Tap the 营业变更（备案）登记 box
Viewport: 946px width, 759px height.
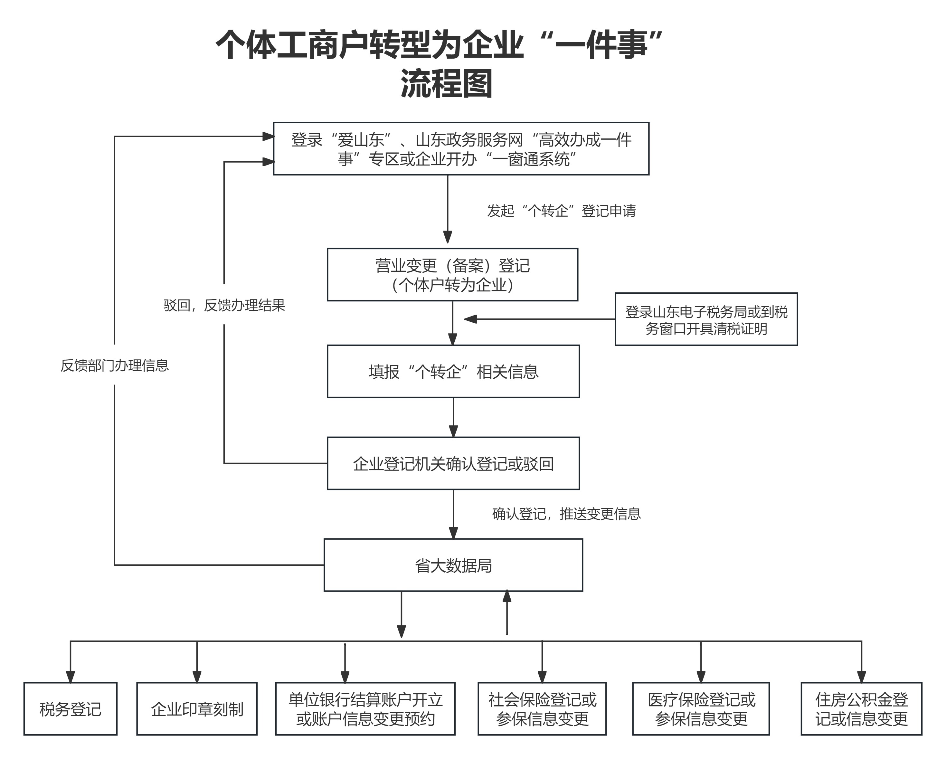[452, 275]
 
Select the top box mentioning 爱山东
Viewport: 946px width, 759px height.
[461, 149]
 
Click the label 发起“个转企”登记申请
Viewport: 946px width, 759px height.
[561, 211]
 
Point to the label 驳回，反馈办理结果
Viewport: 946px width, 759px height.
[224, 305]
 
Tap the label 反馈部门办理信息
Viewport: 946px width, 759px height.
[115, 365]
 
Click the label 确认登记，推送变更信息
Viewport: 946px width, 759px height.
[566, 514]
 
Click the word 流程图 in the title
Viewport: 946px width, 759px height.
[446, 83]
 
